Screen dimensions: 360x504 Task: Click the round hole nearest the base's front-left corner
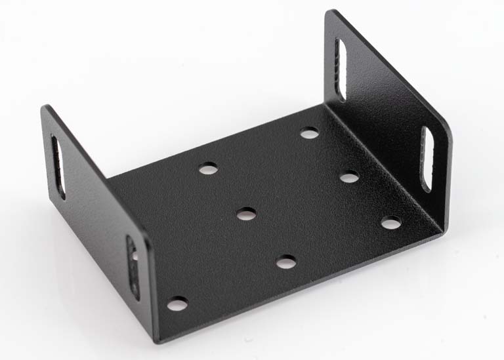[177, 304]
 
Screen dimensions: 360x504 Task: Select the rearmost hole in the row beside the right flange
[309, 133]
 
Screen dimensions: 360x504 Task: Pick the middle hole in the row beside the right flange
[350, 176]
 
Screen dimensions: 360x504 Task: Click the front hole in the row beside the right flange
[391, 223]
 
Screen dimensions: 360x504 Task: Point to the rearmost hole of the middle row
[208, 169]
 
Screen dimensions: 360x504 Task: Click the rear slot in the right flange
[340, 69]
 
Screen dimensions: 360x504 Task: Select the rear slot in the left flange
[58, 167]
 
